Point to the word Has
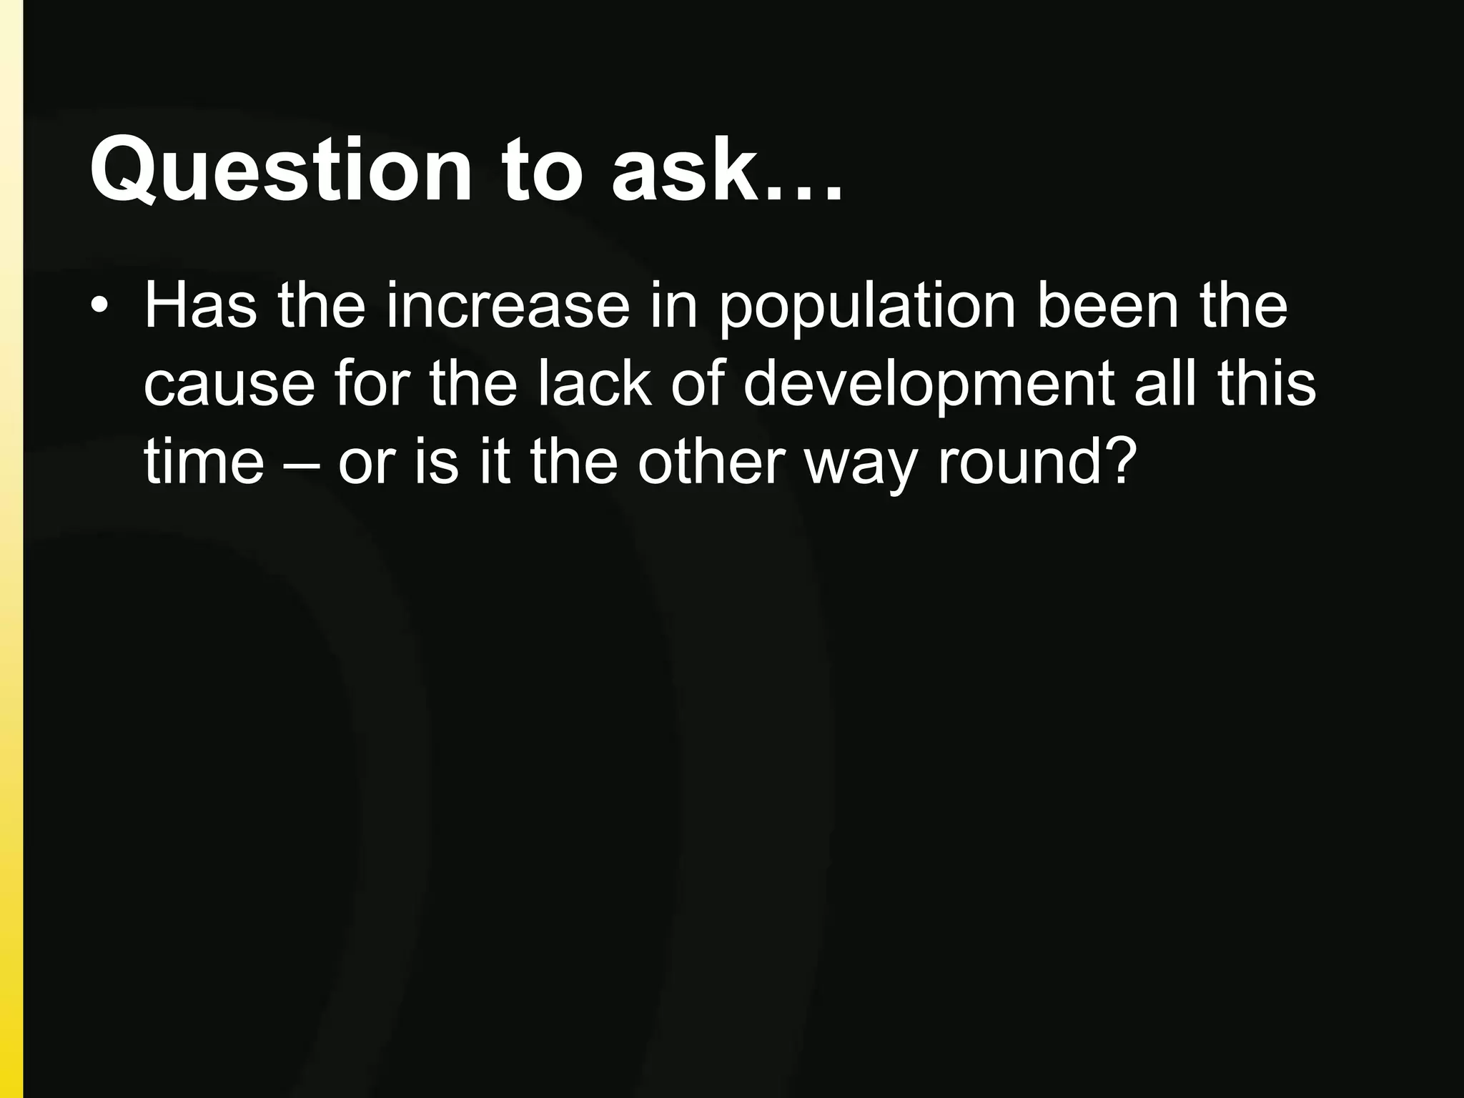tap(200, 307)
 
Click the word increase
tap(508, 307)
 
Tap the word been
tap(1107, 307)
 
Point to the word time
tap(204, 463)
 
